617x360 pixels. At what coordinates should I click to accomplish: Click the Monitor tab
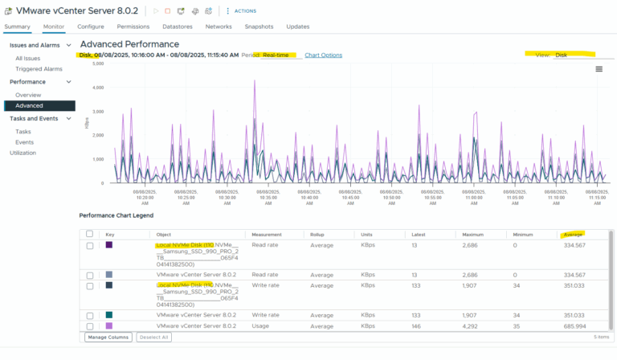coord(54,27)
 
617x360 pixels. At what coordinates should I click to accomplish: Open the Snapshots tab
coord(259,27)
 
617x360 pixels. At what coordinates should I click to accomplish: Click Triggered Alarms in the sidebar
coord(39,69)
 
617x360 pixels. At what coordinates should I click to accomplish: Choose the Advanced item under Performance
coord(29,105)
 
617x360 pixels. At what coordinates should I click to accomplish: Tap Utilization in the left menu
coord(22,153)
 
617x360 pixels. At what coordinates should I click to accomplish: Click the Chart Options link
coord(323,55)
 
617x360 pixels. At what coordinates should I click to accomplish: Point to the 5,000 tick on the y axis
coord(98,87)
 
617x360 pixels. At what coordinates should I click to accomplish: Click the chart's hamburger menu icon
coord(599,69)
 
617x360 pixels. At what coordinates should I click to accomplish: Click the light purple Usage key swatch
coord(109,326)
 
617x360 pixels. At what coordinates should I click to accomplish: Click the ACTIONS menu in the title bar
coord(245,10)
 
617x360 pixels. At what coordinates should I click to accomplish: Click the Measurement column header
coord(270,235)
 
